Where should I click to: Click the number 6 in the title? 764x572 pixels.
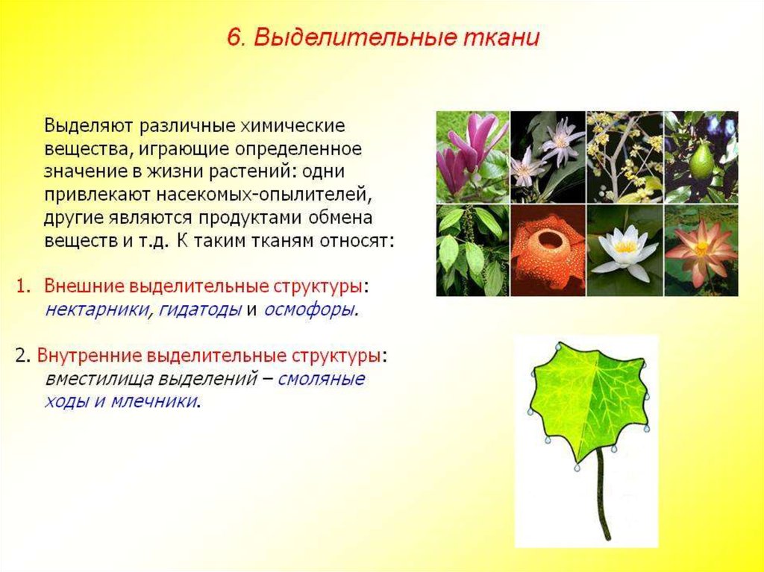(x=235, y=38)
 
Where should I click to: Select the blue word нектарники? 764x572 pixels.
(x=97, y=310)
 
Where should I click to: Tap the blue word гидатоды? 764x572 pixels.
(x=200, y=310)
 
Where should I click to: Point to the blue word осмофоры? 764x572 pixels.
(x=310, y=310)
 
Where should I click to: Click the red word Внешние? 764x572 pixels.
(x=81, y=286)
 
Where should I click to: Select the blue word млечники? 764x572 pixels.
(x=154, y=401)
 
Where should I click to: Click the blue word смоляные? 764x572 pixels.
(x=321, y=379)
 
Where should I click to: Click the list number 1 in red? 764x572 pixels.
(x=22, y=286)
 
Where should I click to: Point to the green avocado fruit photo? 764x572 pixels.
(x=701, y=157)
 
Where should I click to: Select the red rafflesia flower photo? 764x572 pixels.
(x=548, y=251)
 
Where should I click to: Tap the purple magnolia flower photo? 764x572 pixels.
(x=472, y=157)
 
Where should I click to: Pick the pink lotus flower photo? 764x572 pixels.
(x=701, y=251)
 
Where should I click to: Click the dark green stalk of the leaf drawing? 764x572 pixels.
(x=602, y=493)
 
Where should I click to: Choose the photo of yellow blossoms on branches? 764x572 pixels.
(x=625, y=157)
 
